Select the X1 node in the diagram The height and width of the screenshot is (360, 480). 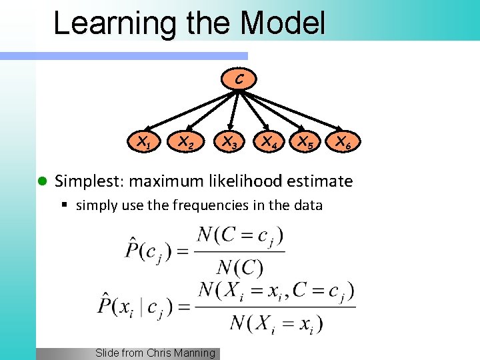click(x=143, y=141)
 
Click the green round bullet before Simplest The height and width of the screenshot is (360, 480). click(x=41, y=181)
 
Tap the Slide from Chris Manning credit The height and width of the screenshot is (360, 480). click(x=155, y=353)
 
